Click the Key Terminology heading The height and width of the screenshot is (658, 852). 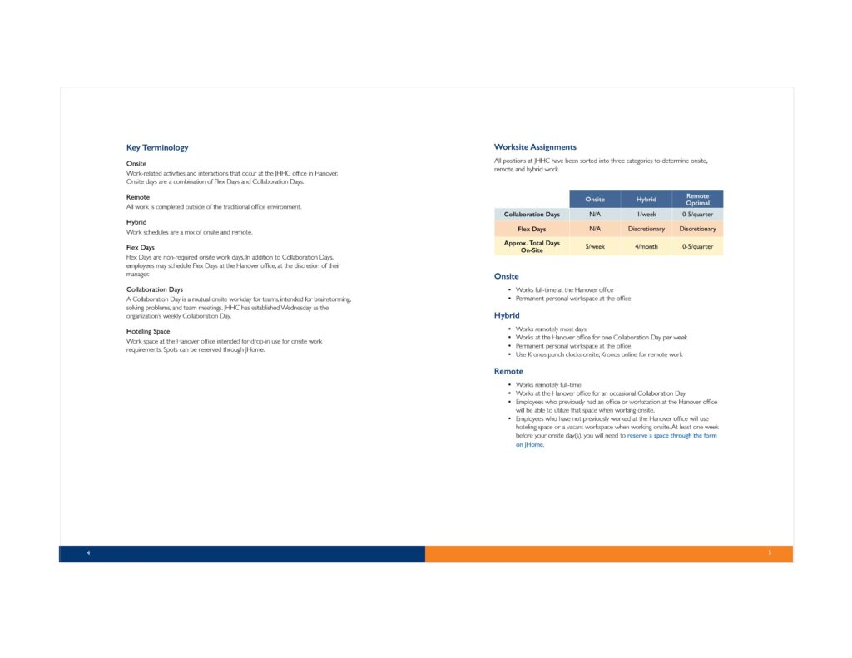pyautogui.click(x=157, y=148)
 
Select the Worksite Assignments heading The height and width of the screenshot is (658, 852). pyautogui.click(x=535, y=147)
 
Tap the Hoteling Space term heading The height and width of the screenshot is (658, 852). pyautogui.click(x=148, y=331)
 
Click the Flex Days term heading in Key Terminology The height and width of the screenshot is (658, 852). pyautogui.click(x=141, y=247)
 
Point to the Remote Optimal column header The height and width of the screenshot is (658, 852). pyautogui.click(x=697, y=200)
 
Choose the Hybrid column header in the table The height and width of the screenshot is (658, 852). pyautogui.click(x=646, y=200)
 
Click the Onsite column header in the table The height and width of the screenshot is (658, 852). pyautogui.click(x=595, y=200)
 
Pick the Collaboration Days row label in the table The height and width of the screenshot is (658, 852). pyautogui.click(x=532, y=215)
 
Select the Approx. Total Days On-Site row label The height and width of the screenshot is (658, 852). pyautogui.click(x=532, y=246)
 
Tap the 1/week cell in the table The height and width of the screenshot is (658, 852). pyautogui.click(x=646, y=215)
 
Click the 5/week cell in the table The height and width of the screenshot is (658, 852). pyautogui.click(x=595, y=246)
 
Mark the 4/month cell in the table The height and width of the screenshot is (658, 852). pyautogui.click(x=646, y=246)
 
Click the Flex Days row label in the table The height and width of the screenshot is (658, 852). pyautogui.click(x=532, y=229)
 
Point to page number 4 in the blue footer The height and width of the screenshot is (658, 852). pyautogui.click(x=88, y=553)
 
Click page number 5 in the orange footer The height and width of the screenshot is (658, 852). pyautogui.click(x=770, y=553)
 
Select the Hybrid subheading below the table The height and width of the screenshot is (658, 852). pyautogui.click(x=507, y=316)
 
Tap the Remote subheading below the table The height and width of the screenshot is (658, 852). pyautogui.click(x=508, y=371)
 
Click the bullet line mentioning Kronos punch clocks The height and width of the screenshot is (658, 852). pyautogui.click(x=599, y=354)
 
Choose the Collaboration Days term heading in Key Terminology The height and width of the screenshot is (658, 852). pyautogui.click(x=155, y=289)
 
